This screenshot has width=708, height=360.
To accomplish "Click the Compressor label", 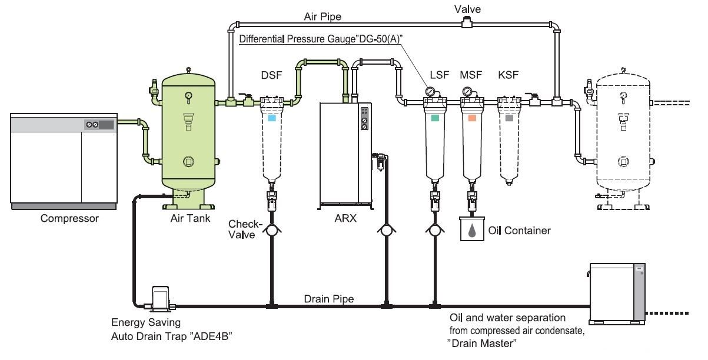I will pos(69,219).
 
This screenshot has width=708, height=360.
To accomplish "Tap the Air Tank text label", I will pos(187,219).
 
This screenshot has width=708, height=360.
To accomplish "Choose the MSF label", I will pos(471,75).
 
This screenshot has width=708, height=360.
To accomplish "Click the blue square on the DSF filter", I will pos(271,118).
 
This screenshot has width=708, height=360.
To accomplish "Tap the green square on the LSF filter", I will pos(436,118).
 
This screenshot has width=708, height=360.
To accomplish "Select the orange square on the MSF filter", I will pos(472,118).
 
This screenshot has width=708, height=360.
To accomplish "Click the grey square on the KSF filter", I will pos(508,118).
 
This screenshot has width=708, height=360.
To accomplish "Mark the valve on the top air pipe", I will pos(469,23).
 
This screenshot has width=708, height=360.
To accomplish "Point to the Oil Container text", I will pos(520,231).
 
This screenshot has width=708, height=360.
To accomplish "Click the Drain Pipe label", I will pos(329,299).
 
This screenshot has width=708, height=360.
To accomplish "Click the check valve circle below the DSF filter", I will pos(271,231).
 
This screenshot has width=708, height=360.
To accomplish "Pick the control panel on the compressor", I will pos(99,125).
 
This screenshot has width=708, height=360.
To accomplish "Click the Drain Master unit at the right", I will pos(617,293).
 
